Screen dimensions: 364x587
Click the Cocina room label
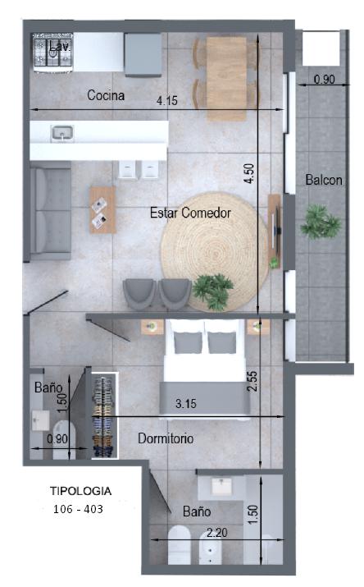(106, 95)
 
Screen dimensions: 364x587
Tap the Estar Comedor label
(190, 213)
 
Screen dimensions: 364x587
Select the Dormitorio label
(166, 438)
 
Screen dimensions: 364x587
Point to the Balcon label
(324, 180)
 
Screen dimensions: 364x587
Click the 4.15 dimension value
(167, 100)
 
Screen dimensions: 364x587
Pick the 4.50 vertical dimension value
(249, 173)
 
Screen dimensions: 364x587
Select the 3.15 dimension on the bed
(186, 404)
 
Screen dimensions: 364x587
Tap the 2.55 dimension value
(253, 381)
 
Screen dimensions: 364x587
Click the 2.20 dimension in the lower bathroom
(216, 532)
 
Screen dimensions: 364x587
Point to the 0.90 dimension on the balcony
(324, 80)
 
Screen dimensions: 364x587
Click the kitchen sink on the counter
(62, 133)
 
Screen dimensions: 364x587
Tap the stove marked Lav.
(53, 53)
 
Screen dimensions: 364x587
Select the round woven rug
(215, 251)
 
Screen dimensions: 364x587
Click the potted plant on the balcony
(321, 222)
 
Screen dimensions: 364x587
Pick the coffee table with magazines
(102, 209)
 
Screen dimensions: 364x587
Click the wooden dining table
(226, 79)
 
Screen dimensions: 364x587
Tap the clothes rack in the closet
(104, 415)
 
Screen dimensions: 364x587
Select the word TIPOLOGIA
(80, 491)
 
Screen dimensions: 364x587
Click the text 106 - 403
(78, 509)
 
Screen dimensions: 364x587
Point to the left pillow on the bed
(188, 342)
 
